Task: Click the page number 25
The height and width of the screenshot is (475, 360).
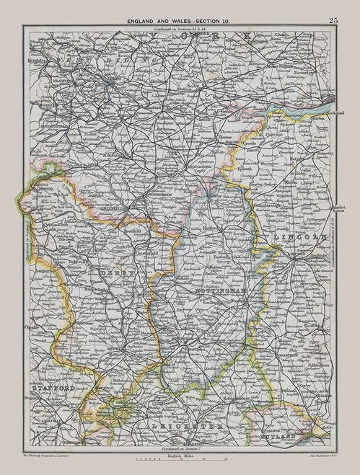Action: point(333,20)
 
